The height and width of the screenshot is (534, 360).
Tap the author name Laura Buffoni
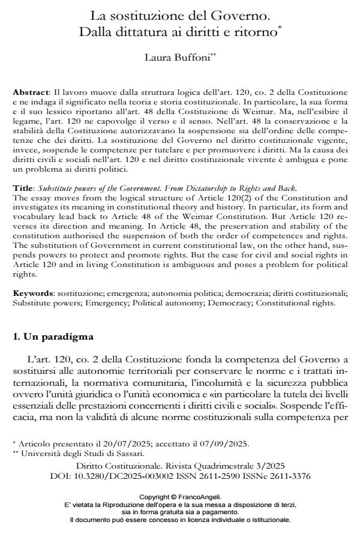(179, 59)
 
